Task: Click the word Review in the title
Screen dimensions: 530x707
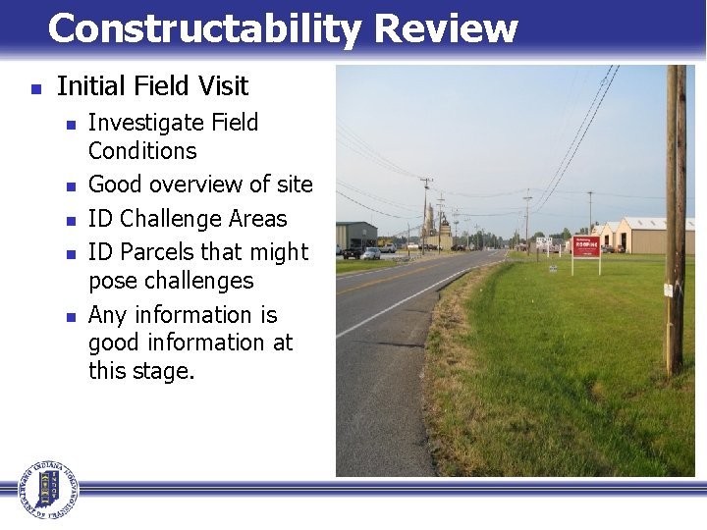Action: tap(446, 29)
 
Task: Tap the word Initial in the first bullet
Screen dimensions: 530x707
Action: tap(90, 87)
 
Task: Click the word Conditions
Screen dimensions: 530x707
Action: tap(141, 151)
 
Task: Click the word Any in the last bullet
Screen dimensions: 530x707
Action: tap(107, 315)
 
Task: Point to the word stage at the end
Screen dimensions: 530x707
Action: tap(164, 372)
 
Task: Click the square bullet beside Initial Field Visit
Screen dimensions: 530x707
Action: tap(35, 88)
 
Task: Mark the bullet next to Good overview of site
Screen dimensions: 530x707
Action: tap(68, 185)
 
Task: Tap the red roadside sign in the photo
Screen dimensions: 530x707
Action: tap(586, 246)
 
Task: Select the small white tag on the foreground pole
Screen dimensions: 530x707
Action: tap(668, 290)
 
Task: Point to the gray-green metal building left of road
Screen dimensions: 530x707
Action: tap(355, 235)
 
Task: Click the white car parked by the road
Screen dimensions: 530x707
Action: tap(370, 253)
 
